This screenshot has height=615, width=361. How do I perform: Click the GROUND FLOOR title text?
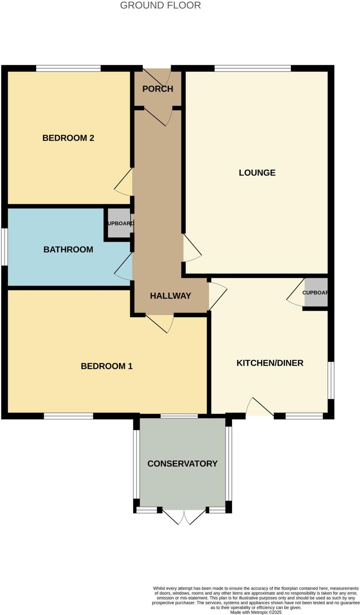[x=160, y=5]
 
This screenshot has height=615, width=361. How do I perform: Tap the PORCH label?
[x=158, y=89]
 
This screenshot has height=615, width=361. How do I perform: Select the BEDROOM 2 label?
[x=68, y=138]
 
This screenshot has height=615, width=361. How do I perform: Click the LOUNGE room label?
[x=257, y=173]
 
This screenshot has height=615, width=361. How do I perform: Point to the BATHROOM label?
[x=68, y=250]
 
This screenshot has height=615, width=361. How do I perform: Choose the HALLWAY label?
[x=170, y=296]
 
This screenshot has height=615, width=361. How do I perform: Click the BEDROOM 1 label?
[x=107, y=366]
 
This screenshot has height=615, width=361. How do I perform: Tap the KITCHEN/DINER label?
[x=270, y=363]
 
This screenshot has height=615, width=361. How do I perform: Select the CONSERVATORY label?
[x=182, y=464]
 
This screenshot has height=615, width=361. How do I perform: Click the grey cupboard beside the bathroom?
[x=119, y=223]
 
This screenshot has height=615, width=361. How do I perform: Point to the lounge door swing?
[x=191, y=249]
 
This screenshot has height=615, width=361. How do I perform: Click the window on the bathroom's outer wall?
[x=5, y=247]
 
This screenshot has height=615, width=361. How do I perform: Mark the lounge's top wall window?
[x=253, y=68]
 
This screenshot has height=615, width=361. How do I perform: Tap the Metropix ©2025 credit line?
[x=256, y=612]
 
